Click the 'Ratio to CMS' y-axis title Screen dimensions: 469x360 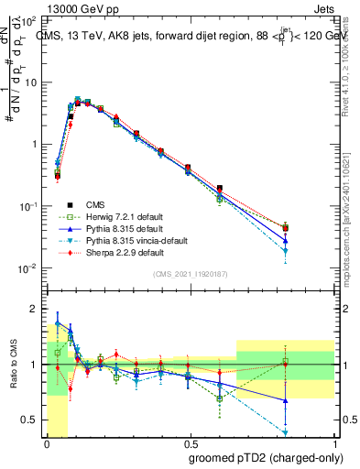click(x=12, y=364)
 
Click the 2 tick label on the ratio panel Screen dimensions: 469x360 click(x=33, y=308)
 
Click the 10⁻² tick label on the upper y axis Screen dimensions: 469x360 click(x=28, y=268)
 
